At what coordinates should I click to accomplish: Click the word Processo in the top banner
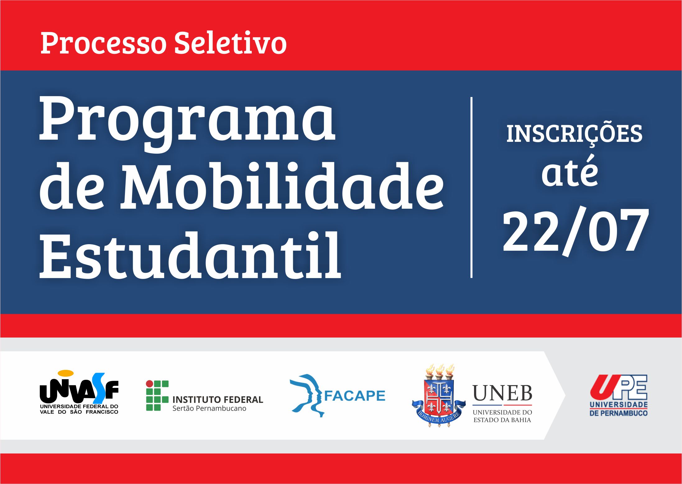click(104, 43)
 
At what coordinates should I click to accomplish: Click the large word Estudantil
click(190, 255)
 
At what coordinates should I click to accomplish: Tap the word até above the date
click(570, 172)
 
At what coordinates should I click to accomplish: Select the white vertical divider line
click(472, 187)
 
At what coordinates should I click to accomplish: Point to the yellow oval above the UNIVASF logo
click(66, 373)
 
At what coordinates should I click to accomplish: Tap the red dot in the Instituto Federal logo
click(150, 384)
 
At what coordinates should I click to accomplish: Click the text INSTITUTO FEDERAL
click(218, 399)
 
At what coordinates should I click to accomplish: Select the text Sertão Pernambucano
click(209, 408)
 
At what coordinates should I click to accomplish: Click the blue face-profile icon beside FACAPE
click(306, 395)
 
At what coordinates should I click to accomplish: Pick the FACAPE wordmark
click(355, 396)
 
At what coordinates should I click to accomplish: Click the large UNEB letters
click(502, 393)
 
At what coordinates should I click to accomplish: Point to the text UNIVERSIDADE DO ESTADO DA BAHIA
click(502, 416)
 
